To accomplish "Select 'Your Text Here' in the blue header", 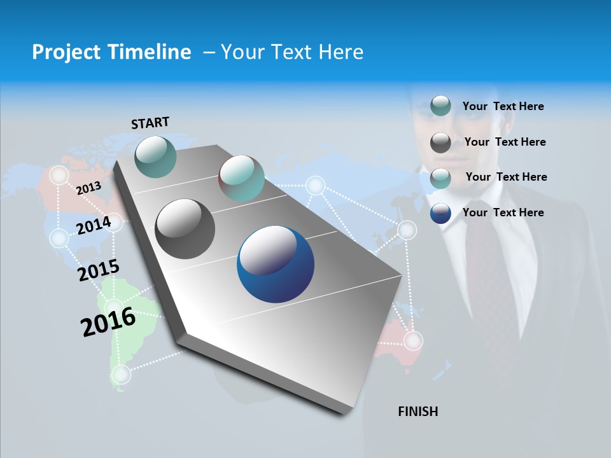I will click(292, 52).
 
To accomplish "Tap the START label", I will click(150, 123).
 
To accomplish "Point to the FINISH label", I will click(418, 412).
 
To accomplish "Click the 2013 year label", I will click(88, 188).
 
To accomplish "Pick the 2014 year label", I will click(94, 225).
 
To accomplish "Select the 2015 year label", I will click(99, 270).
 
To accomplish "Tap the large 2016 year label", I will click(108, 322).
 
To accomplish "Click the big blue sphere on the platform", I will click(276, 265).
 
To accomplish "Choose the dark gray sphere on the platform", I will click(185, 229).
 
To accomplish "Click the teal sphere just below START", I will click(156, 156).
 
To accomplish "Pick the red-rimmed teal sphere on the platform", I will click(241, 178).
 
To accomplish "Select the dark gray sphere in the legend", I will click(440, 142).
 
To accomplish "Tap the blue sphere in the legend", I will click(440, 213).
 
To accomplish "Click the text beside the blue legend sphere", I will click(503, 212).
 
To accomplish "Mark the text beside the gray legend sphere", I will click(505, 142).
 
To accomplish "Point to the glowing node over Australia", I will click(414, 341).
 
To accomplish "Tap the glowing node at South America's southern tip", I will click(121, 374).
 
